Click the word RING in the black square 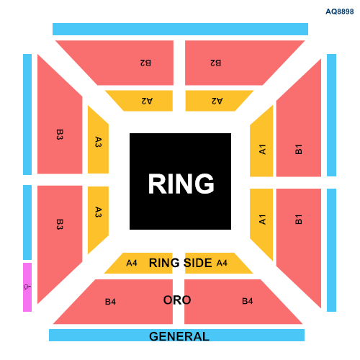point(181,184)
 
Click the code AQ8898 point(340,12)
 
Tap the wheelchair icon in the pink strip point(27,287)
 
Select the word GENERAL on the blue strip point(179,336)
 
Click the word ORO point(177,300)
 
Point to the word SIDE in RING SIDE point(197,263)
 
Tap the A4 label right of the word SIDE point(222,263)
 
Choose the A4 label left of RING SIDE point(132,263)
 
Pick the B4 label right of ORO point(248,301)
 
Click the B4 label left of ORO point(110,302)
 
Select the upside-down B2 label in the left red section point(145,63)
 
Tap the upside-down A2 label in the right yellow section point(217,101)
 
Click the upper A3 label point(99,142)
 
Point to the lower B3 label point(60,225)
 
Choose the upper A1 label point(262,149)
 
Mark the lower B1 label point(298,220)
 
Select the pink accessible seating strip point(27,287)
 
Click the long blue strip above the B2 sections point(180,29)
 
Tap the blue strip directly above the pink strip point(27,222)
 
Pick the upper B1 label point(298,149)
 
